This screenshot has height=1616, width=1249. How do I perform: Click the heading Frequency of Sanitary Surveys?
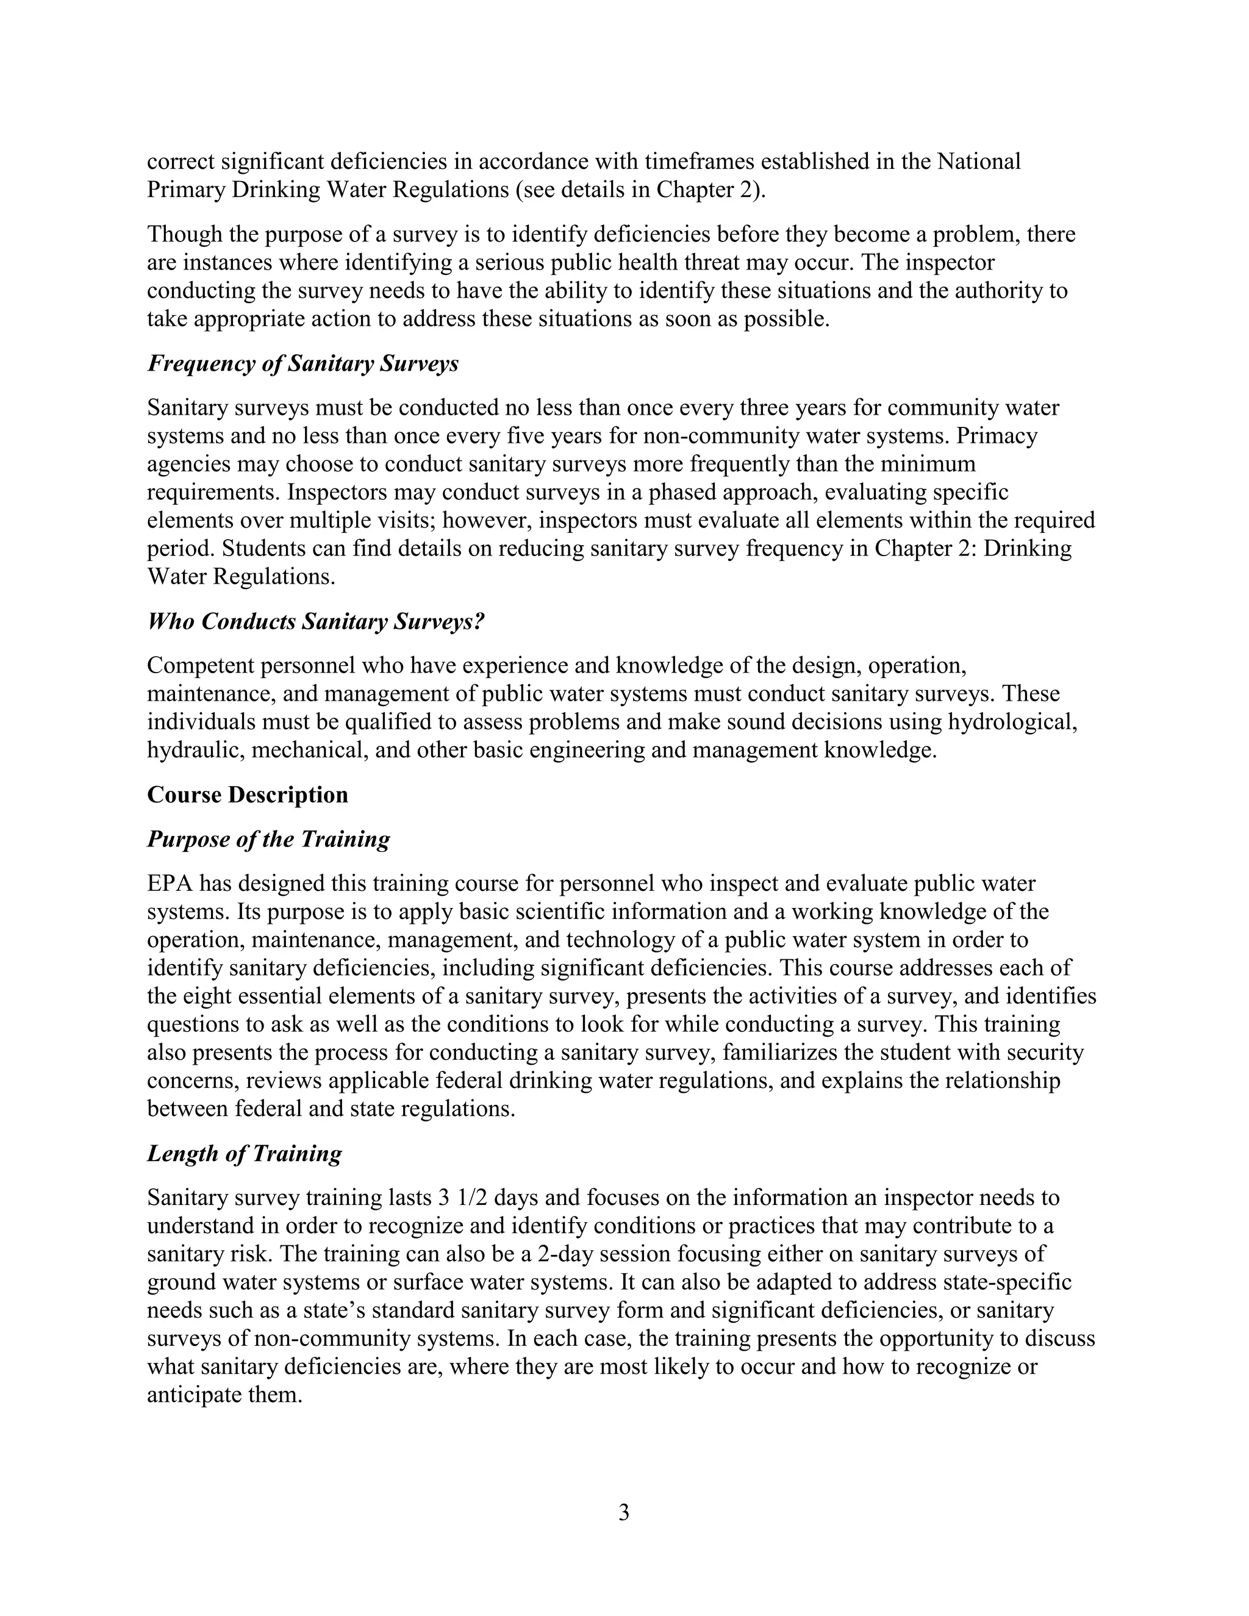(x=302, y=364)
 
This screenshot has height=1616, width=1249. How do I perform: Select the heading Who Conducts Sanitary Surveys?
(x=315, y=621)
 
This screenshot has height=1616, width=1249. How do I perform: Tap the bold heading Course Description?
(x=247, y=795)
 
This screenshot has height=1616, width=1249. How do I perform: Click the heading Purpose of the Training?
(x=268, y=839)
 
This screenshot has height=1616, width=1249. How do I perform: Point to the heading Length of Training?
(x=244, y=1154)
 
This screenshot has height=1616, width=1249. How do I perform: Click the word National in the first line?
(x=978, y=162)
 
